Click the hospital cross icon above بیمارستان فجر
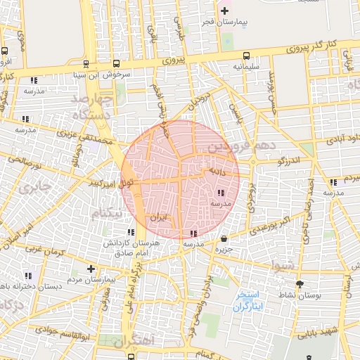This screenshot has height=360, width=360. click(x=224, y=11)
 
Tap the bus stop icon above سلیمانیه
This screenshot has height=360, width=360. click(x=245, y=56)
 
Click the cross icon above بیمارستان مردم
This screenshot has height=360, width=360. click(x=91, y=269)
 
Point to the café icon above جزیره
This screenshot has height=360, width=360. click(x=224, y=238)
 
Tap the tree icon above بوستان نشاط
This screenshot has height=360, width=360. click(x=300, y=284)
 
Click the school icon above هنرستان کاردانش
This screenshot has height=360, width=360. click(x=131, y=232)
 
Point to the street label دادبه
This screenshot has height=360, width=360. click(x=214, y=170)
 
